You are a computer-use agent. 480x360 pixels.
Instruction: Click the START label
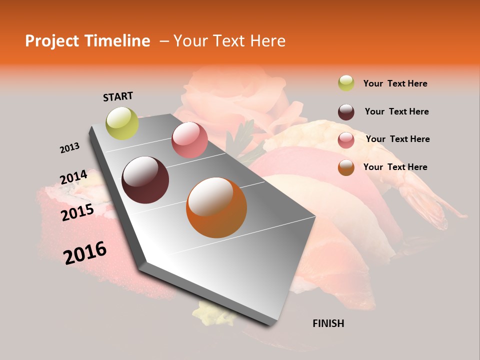pos(118,96)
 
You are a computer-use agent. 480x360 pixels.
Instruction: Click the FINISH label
pos(328,323)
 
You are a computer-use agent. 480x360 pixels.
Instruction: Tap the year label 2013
pos(69,148)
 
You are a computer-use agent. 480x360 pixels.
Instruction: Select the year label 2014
pos(73,177)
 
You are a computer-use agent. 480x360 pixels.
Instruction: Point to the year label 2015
pos(77,212)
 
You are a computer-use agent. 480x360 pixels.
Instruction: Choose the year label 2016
pos(85,252)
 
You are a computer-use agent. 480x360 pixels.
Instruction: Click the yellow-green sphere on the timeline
pos(122,123)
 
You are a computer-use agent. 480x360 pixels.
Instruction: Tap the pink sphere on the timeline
pos(189,140)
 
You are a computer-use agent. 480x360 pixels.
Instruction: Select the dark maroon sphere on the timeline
pos(145,180)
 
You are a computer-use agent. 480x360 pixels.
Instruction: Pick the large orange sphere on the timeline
pos(216,207)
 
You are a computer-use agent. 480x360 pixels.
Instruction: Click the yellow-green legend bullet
pos(346,83)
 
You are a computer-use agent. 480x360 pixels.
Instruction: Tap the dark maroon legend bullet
pos(346,112)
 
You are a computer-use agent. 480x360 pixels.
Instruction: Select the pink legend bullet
pos(346,140)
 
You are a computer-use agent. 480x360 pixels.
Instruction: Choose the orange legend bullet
pos(346,167)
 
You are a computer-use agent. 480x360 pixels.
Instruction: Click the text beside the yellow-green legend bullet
pos(395,83)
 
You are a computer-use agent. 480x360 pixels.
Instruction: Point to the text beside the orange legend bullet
pos(395,167)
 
